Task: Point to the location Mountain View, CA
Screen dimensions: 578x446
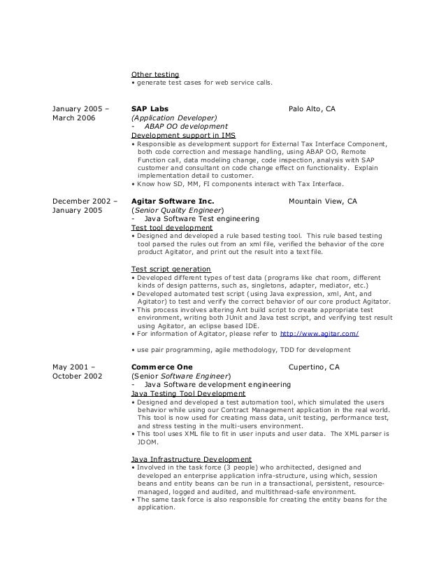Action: click(322, 201)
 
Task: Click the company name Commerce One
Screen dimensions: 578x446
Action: click(162, 366)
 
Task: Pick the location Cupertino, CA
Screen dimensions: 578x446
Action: click(314, 366)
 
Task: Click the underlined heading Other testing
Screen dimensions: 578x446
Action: click(155, 74)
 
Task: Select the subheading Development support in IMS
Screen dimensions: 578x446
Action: click(183, 134)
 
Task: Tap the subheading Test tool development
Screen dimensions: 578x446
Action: click(172, 227)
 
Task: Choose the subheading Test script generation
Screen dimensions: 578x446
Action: click(171, 269)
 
